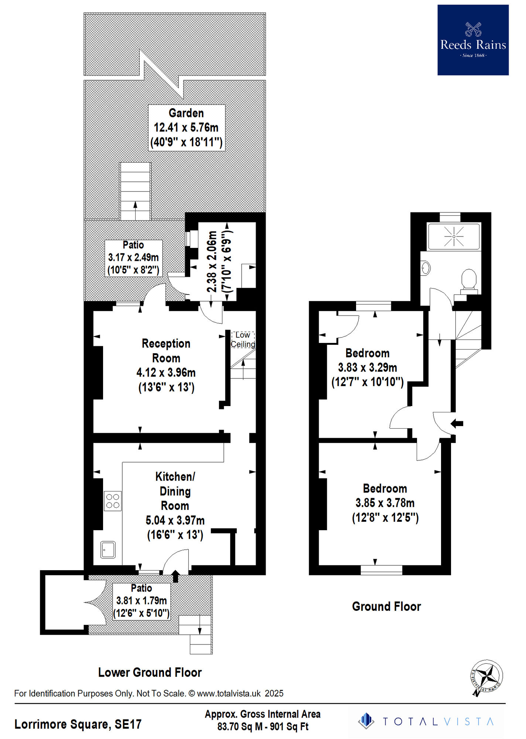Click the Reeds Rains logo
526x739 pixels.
[x=473, y=40]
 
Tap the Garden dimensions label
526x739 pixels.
[x=187, y=128]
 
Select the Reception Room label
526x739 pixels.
[x=166, y=365]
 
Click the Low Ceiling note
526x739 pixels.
[x=243, y=340]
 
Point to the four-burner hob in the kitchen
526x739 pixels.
[x=113, y=501]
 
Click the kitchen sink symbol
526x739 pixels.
[x=108, y=550]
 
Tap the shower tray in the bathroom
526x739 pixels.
[x=454, y=236]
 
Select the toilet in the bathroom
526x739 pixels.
[x=469, y=280]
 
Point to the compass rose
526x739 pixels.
[x=486, y=677]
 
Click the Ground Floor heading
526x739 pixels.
[x=386, y=607]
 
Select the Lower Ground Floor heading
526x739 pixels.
[x=150, y=672]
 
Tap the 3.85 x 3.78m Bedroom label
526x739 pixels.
[x=385, y=503]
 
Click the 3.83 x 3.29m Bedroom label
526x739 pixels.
[x=367, y=368]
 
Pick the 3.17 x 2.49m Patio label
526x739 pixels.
[x=133, y=258]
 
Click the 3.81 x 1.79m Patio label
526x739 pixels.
[x=141, y=601]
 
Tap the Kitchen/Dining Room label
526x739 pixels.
[x=175, y=505]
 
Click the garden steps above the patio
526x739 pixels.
[x=135, y=191]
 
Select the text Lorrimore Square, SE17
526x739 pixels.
[x=78, y=724]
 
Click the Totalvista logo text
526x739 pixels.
[x=438, y=722]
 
